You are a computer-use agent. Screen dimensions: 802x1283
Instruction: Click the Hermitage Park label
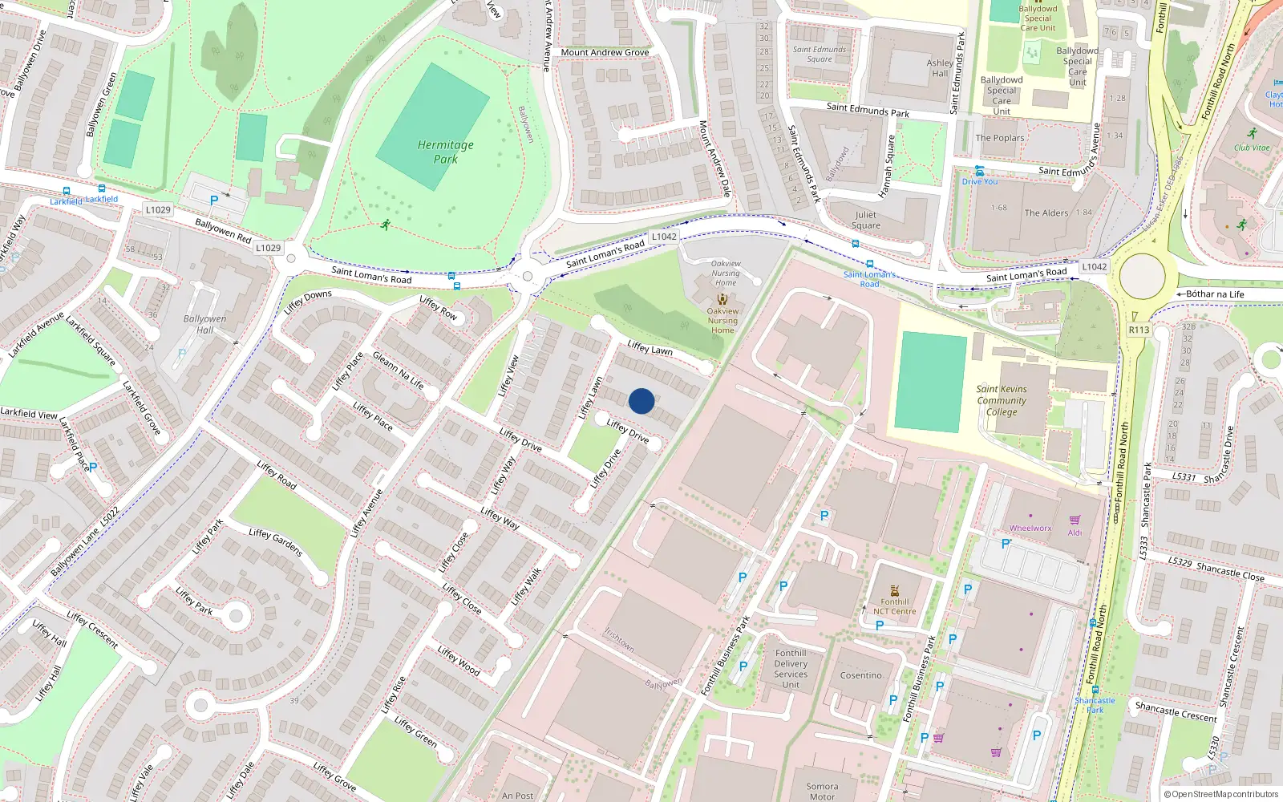tap(446, 152)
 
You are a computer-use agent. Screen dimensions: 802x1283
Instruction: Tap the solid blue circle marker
tap(641, 401)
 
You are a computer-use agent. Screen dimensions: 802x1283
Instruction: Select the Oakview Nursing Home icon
tap(722, 299)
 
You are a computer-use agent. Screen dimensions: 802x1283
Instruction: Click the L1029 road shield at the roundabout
tap(268, 248)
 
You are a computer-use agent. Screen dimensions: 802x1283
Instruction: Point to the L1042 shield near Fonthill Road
tap(1094, 267)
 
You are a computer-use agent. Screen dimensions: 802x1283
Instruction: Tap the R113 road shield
tap(1139, 330)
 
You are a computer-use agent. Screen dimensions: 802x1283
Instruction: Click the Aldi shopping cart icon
tap(1075, 520)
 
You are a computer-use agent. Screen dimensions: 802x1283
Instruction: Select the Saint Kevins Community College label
tap(1002, 400)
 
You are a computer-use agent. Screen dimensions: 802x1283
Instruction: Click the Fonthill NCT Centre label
tap(894, 606)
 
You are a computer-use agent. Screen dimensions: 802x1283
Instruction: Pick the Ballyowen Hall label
tap(204, 324)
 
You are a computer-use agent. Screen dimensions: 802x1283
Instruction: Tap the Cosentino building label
tap(861, 675)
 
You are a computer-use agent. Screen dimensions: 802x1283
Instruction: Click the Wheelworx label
tap(1030, 529)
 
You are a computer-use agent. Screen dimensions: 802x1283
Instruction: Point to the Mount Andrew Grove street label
tap(605, 53)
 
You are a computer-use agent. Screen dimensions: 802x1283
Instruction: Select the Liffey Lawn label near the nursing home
tap(650, 349)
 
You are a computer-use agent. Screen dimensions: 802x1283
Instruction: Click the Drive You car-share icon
tap(979, 171)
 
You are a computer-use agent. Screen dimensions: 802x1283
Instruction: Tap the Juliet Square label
tap(866, 220)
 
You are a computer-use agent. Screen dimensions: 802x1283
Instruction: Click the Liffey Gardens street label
tap(275, 542)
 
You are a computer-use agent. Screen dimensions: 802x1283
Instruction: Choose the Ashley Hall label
tap(940, 68)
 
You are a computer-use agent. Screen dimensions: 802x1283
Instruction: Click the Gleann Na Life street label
tap(398, 370)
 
